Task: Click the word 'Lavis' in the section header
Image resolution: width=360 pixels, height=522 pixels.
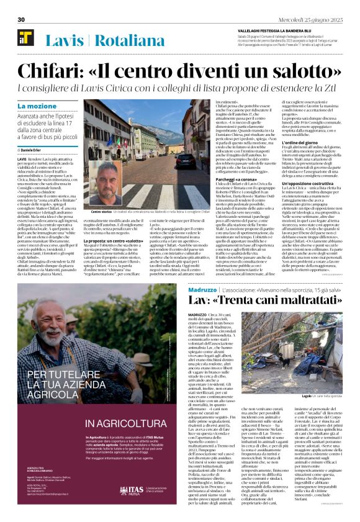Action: tap(65, 41)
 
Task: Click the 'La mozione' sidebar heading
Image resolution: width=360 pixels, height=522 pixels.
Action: tap(37, 107)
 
